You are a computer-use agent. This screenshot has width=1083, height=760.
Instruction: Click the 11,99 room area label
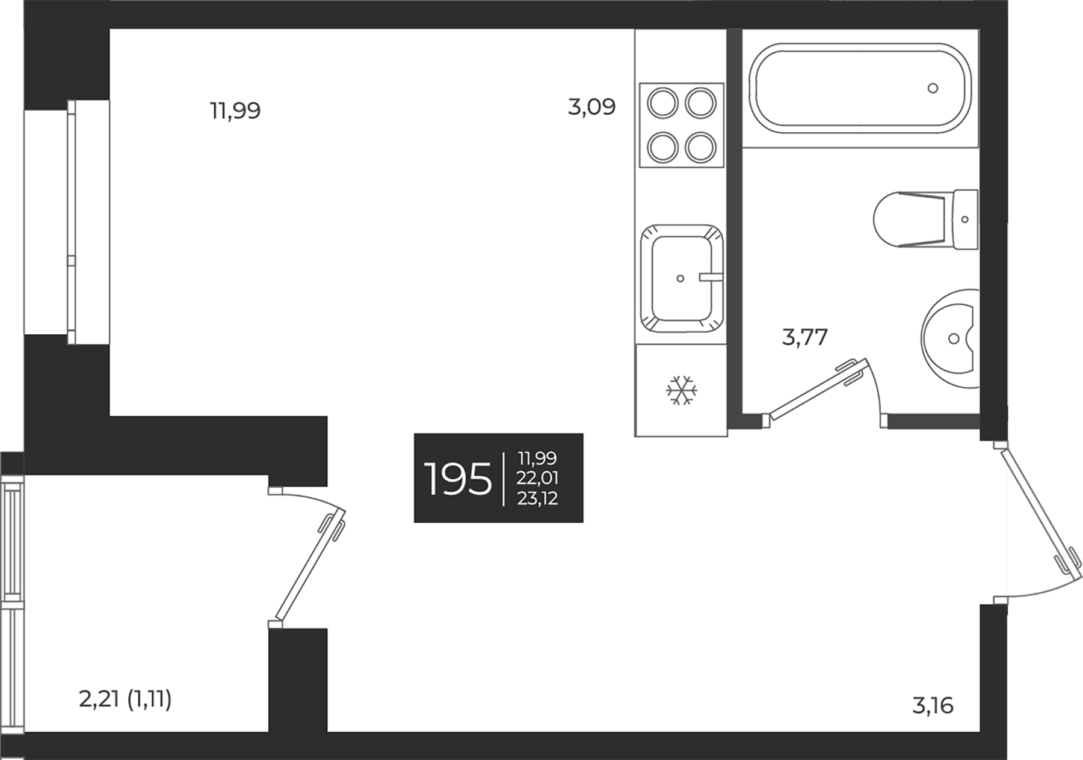(235, 111)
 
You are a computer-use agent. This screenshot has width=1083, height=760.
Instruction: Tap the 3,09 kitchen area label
(592, 107)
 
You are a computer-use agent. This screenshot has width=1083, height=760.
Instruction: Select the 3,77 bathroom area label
(805, 337)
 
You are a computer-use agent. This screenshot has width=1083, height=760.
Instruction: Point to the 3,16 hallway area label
(933, 705)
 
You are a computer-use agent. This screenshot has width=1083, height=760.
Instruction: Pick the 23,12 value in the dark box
(537, 498)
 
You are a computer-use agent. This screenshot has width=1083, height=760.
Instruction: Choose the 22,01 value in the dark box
(537, 478)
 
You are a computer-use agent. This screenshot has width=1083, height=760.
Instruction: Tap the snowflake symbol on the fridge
(681, 390)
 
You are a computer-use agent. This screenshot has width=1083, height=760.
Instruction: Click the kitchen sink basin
(681, 278)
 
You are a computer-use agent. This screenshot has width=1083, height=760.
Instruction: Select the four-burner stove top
(681, 125)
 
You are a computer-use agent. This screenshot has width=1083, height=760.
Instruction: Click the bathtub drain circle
(933, 88)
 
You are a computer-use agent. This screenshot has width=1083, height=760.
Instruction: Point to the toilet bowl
(909, 219)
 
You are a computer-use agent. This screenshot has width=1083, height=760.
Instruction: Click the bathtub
(860, 88)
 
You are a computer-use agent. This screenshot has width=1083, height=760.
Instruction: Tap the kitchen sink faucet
(710, 277)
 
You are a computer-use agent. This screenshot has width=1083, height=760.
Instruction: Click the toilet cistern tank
(965, 219)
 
